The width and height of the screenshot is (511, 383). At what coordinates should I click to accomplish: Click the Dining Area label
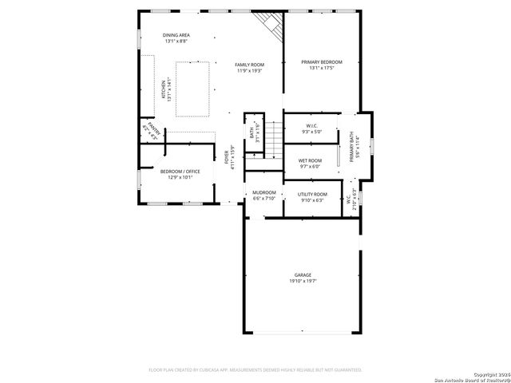pyautogui.click(x=176, y=35)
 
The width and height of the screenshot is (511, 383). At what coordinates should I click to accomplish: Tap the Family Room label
pyautogui.click(x=250, y=65)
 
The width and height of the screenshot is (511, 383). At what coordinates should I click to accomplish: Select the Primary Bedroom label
pyautogui.click(x=322, y=61)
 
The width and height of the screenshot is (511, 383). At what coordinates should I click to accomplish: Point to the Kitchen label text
pyautogui.click(x=164, y=89)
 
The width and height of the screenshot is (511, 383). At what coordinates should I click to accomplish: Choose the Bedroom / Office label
pyautogui.click(x=180, y=172)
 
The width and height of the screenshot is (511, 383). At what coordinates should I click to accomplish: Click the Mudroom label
pyautogui.click(x=264, y=192)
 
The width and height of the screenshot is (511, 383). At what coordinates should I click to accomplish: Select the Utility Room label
pyautogui.click(x=312, y=194)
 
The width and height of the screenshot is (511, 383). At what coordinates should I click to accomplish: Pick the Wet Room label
pyautogui.click(x=310, y=160)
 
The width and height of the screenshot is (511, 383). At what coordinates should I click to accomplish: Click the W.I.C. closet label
pyautogui.click(x=311, y=125)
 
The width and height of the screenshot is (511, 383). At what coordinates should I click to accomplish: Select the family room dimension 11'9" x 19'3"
pyautogui.click(x=250, y=71)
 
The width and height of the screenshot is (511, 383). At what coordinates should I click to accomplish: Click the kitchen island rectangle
pyautogui.click(x=192, y=89)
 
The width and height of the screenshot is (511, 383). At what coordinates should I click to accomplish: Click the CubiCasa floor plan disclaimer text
pyautogui.click(x=255, y=370)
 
